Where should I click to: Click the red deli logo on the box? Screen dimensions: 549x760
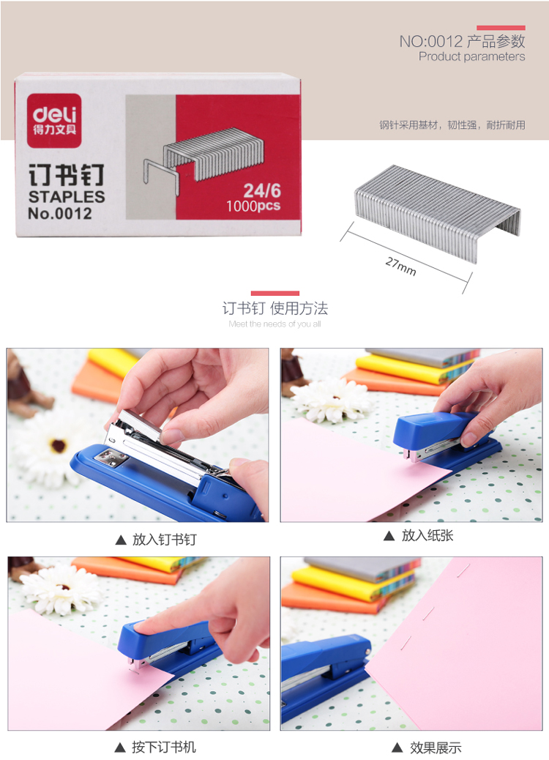tap(53, 121)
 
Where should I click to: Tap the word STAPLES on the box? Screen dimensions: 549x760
tap(67, 197)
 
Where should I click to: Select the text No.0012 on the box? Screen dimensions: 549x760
tap(59, 213)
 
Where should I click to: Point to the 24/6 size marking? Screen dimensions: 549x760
tap(261, 190)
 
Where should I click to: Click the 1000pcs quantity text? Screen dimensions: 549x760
tap(253, 206)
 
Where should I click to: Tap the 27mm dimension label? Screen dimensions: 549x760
tap(400, 266)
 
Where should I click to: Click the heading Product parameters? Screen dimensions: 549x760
tap(471, 56)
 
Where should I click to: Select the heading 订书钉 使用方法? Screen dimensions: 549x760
tap(274, 308)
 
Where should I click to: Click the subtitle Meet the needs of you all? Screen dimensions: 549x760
tap(274, 324)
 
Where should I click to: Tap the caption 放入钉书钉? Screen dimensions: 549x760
tap(164, 540)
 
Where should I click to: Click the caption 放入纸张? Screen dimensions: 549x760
tap(427, 535)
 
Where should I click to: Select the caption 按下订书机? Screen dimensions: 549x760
tap(164, 747)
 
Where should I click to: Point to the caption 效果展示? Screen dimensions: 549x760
tap(435, 748)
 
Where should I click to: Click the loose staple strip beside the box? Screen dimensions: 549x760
tap(438, 213)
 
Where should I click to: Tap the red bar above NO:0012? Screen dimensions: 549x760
tap(501, 28)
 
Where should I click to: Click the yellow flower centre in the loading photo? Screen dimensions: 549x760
tap(59, 445)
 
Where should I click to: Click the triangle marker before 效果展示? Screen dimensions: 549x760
tap(397, 748)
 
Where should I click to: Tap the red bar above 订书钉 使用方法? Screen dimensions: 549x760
tap(274, 293)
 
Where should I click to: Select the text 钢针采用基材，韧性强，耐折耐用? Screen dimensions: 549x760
tap(452, 125)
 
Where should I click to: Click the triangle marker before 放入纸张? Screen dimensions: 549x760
tap(389, 535)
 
